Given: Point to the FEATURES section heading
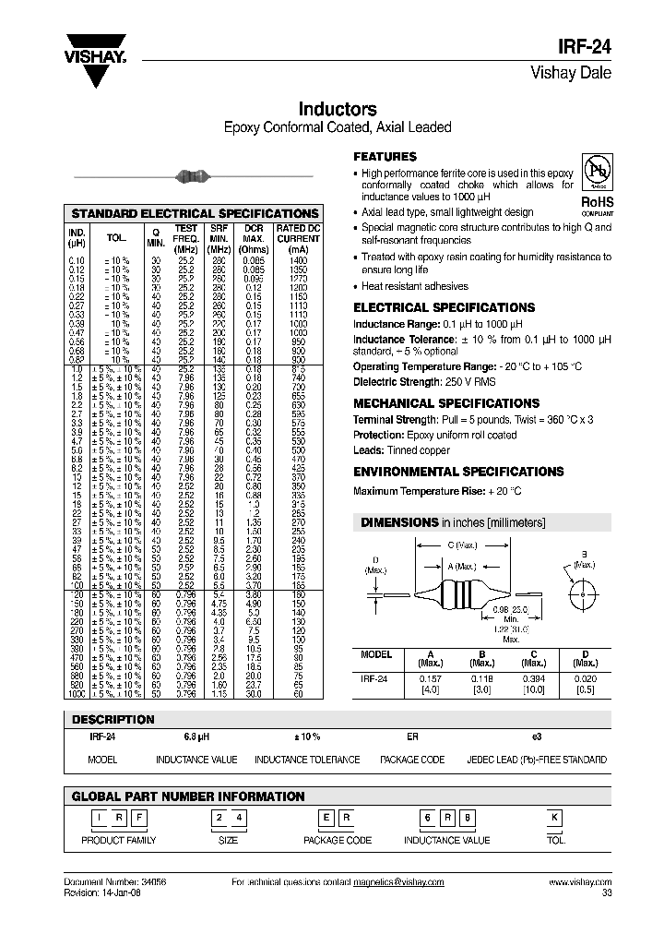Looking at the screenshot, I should click(x=385, y=157).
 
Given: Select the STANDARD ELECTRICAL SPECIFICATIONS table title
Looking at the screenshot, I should click(x=195, y=213).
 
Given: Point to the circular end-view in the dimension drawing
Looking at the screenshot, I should click(x=588, y=593).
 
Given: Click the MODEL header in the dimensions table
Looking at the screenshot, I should click(x=376, y=654).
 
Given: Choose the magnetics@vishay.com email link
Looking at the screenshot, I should click(x=398, y=882).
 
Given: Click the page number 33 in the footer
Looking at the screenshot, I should click(x=606, y=892).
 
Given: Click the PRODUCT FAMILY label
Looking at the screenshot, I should click(x=119, y=840).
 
